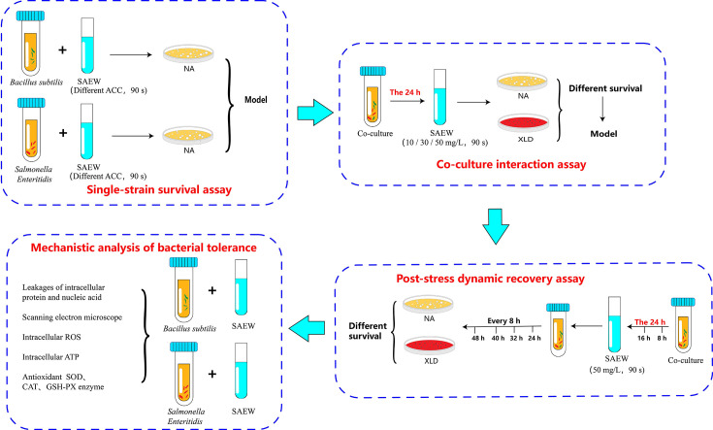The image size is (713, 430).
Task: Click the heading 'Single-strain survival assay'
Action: [159, 189]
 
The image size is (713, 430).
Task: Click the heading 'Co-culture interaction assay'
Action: [511, 164]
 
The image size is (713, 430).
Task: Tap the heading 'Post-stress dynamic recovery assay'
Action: [490, 279]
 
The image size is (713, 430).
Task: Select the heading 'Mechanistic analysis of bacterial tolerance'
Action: [144, 248]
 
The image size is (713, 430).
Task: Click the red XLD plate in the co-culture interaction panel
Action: [524, 123]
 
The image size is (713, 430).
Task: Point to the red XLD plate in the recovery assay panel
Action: [430, 345]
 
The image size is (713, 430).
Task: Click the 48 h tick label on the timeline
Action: [478, 338]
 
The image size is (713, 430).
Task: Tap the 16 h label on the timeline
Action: [643, 338]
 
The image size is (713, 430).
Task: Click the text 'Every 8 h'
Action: [503, 320]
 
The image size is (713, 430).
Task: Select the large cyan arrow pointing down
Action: [495, 226]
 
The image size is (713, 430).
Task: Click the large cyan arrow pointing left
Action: [307, 327]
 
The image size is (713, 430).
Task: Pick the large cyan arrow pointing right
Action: [315, 113]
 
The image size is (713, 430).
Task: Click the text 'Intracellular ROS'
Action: [51, 337]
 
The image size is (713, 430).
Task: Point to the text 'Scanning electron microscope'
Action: [73, 317]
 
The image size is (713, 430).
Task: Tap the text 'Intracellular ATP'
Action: [50, 357]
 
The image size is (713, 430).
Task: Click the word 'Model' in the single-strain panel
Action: [256, 100]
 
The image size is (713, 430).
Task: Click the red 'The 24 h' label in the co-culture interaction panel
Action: [405, 92]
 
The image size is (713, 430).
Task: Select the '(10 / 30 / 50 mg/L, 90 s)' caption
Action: [444, 143]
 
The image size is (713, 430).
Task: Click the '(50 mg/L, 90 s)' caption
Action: [617, 370]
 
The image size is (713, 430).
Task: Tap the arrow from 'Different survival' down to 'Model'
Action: [602, 110]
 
